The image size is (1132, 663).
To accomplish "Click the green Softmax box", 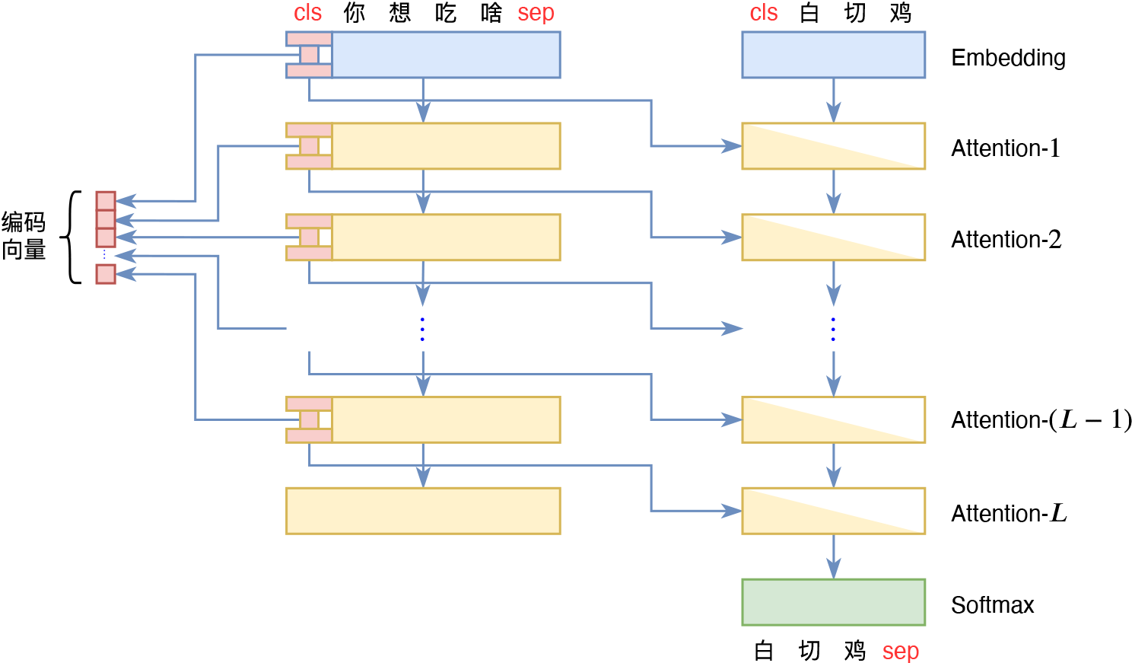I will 833,602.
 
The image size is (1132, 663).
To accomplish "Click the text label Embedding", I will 1008,58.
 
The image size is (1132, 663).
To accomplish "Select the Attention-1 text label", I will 1005,148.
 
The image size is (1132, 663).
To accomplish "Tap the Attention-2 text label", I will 1006,240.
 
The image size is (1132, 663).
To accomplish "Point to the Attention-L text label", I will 1009,514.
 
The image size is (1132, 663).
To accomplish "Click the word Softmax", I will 992,605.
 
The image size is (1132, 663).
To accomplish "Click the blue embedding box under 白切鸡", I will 833,55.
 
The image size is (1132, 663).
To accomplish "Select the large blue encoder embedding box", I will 445,55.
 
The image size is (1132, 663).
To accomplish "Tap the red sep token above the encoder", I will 536,13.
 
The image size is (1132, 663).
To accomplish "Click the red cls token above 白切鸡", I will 764,13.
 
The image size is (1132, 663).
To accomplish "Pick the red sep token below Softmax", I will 901,652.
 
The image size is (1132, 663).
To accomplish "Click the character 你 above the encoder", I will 354,13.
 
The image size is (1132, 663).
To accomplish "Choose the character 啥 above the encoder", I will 491,13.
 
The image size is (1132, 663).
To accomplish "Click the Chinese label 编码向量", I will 24,236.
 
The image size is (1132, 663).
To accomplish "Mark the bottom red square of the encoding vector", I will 106,274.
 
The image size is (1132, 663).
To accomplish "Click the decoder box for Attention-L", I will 833,511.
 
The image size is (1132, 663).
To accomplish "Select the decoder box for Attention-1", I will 833,146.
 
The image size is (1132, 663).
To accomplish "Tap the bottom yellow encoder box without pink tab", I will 423,511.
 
